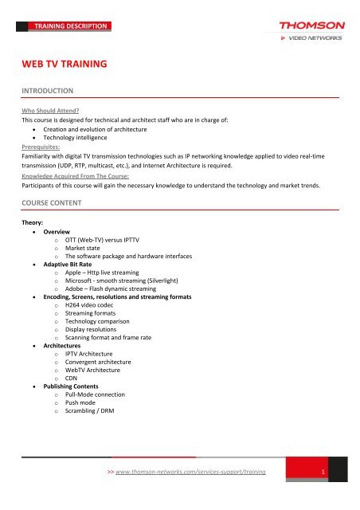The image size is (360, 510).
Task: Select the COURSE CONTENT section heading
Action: [59, 202]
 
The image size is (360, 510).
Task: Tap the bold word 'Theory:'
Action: [37, 224]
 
